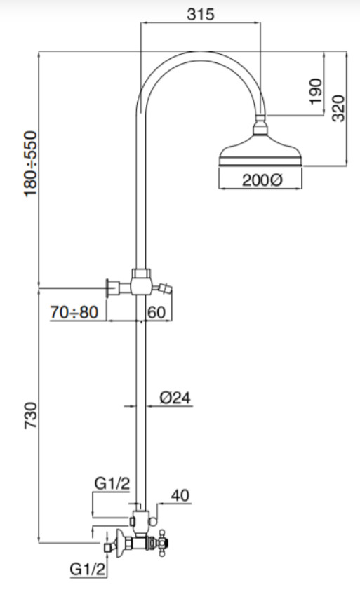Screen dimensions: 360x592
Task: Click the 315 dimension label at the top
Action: pos(201,14)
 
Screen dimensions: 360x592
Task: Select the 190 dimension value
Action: pos(316,91)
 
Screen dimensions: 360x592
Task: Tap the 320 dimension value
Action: pos(338,108)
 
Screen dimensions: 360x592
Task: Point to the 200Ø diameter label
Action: pos(262,180)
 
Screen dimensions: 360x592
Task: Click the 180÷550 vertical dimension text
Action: pos(31,163)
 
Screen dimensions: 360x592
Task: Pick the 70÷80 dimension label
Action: pos(74,312)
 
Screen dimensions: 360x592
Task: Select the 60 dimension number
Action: pos(156,312)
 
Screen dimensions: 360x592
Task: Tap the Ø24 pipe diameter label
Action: pos(175,398)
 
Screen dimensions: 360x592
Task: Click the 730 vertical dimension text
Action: pos(31,416)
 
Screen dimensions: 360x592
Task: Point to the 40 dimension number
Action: pos(180,495)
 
